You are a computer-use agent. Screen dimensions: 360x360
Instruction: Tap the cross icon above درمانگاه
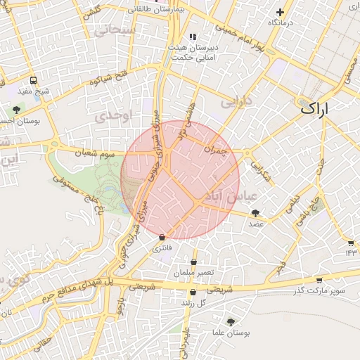[x=280, y=12]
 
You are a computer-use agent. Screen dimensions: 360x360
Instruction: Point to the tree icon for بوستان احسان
[x=15, y=109]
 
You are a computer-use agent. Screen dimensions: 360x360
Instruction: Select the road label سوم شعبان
[x=96, y=151]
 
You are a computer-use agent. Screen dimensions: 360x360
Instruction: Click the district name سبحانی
[x=116, y=30]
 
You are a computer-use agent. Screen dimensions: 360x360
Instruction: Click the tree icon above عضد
[x=255, y=212]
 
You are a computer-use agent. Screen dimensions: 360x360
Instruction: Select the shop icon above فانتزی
[x=162, y=238]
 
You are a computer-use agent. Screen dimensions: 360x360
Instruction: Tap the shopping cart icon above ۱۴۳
[x=350, y=243]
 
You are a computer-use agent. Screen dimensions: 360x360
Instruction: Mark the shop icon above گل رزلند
[x=193, y=292]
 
